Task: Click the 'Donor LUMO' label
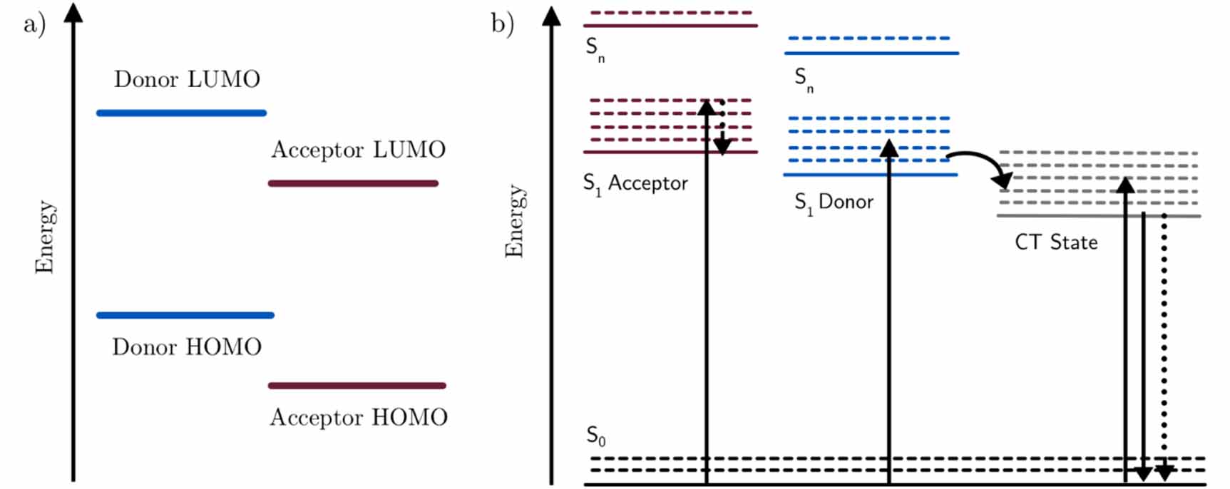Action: (187, 79)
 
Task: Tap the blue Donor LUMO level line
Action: (181, 113)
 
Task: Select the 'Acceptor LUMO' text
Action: (358, 150)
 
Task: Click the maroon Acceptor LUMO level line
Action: (353, 183)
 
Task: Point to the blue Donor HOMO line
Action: (185, 315)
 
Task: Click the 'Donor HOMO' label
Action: (187, 347)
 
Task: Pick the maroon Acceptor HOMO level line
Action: (357, 386)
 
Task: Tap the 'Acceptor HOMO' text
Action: (359, 417)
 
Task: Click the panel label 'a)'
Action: (34, 25)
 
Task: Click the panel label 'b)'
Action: (502, 24)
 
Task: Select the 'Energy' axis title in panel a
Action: (44, 237)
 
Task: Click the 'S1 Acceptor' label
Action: (635, 184)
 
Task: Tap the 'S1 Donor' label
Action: (834, 202)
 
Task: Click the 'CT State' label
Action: (1056, 242)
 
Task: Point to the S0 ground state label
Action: (596, 436)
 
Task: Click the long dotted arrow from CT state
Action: (1164, 342)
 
